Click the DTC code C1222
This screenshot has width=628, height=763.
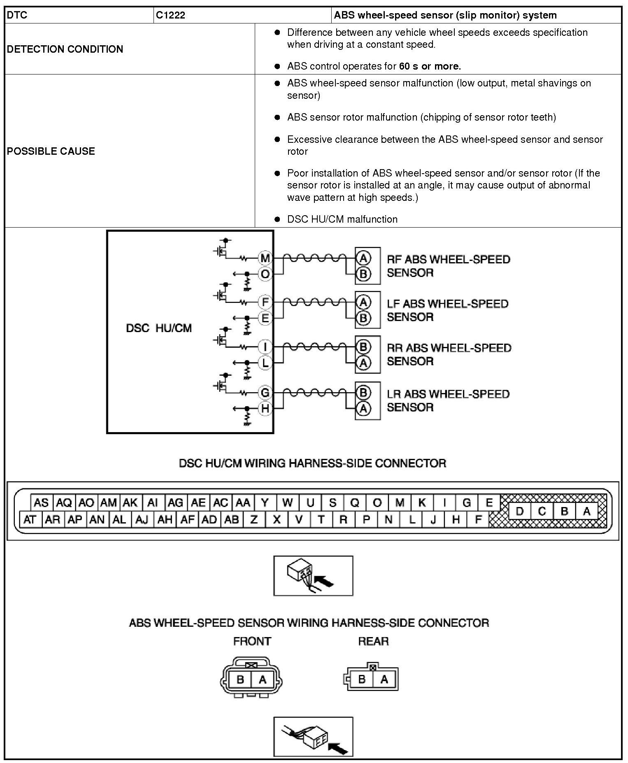171,16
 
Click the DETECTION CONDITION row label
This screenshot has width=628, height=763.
65,49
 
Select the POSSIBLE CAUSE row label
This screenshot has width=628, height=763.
51,151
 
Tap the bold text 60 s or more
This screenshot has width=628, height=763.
430,66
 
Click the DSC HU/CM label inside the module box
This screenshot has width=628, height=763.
159,328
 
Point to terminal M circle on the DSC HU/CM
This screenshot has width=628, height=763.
265,258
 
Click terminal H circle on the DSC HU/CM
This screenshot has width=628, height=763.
265,408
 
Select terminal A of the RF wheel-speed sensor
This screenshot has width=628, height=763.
363,258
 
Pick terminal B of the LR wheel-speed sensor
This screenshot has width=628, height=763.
363,393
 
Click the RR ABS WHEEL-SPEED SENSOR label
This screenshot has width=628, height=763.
449,354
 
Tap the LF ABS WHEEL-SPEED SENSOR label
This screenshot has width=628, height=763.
447,310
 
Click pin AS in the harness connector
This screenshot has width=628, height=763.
41,502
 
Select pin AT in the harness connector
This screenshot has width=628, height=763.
30,520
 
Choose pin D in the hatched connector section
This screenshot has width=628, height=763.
520,512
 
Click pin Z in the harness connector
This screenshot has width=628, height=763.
254,520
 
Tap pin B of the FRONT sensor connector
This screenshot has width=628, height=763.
240,679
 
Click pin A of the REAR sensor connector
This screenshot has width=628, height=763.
384,679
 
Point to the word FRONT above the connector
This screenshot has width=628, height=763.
252,641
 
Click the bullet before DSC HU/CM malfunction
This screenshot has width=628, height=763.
277,219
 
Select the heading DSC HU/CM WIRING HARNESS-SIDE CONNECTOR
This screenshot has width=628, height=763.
312,463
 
